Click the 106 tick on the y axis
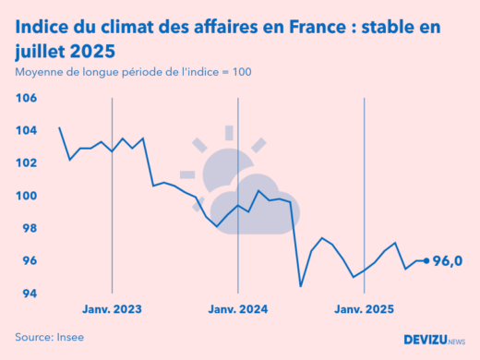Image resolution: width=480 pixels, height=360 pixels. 26,98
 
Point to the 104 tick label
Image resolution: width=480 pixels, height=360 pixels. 26,130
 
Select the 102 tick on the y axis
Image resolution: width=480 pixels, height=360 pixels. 26,163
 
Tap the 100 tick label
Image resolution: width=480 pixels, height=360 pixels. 26,196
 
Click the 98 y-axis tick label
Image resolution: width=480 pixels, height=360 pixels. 28,228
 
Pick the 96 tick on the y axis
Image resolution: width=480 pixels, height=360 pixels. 28,261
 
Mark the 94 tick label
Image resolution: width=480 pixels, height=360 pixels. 28,294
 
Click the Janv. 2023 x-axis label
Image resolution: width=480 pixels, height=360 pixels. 112,309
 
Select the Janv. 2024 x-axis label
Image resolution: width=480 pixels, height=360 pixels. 238,309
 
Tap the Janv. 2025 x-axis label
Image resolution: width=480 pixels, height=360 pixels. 365,309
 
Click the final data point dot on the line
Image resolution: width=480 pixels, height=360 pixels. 426,261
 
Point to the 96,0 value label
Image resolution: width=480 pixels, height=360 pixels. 448,261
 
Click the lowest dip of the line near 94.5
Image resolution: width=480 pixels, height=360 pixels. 301,285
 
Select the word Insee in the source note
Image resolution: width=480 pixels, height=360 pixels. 67,337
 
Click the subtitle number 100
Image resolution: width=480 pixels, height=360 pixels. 239,72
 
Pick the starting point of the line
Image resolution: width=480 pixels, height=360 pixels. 59,127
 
